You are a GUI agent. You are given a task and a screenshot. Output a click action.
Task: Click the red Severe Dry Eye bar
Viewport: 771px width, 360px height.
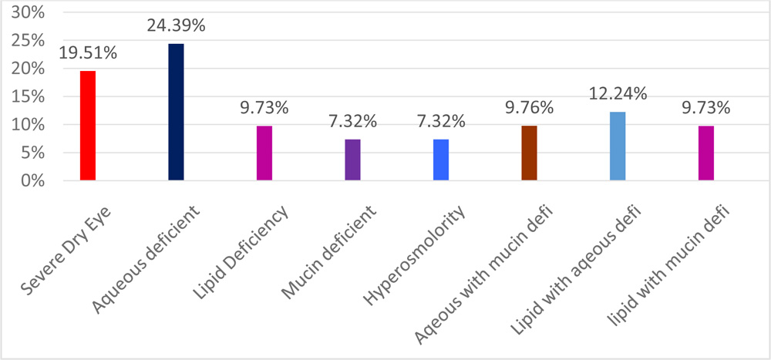pyautogui.click(x=87, y=126)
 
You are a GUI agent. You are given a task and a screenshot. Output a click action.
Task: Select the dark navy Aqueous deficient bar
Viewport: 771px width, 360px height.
pyautogui.click(x=176, y=112)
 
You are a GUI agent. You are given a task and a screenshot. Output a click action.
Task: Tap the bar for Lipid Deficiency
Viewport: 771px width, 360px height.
pyautogui.click(x=264, y=153)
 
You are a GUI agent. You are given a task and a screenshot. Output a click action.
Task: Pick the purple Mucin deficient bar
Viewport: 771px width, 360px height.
pyautogui.click(x=352, y=160)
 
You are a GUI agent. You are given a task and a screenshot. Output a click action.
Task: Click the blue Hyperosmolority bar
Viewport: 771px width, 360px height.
pyautogui.click(x=440, y=160)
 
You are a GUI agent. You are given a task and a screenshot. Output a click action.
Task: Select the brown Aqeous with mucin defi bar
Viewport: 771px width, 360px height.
pyautogui.click(x=529, y=153)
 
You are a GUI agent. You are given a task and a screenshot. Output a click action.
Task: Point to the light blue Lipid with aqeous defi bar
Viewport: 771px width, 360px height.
pyautogui.click(x=617, y=146)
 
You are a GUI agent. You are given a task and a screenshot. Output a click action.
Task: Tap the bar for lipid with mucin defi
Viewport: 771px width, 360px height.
pyautogui.click(x=705, y=153)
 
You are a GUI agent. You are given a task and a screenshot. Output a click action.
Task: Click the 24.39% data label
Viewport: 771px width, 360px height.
pyautogui.click(x=176, y=25)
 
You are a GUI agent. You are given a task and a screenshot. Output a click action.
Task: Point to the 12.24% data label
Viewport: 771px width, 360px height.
pyautogui.click(x=617, y=94)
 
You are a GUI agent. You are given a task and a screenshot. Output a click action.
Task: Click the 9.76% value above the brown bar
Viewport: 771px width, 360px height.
pyautogui.click(x=529, y=108)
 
